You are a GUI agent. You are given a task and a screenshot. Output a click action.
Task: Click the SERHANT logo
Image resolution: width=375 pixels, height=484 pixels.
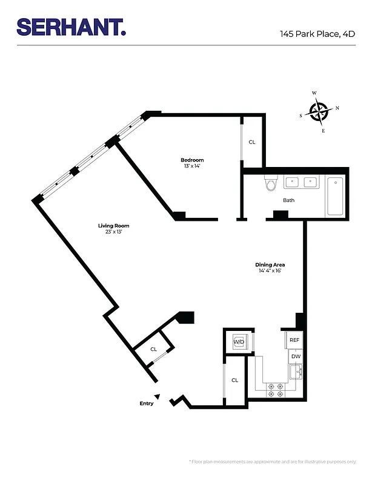[x=71, y=27]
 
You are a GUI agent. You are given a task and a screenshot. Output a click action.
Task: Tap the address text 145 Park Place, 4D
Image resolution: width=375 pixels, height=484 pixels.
[x=317, y=34]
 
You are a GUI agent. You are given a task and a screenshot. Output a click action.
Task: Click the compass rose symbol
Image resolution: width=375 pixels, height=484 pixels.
[x=319, y=111]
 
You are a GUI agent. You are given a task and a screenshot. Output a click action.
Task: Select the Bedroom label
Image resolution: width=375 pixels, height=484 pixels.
[x=192, y=160]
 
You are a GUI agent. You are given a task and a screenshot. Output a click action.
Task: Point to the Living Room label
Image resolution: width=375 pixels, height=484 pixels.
[x=114, y=226]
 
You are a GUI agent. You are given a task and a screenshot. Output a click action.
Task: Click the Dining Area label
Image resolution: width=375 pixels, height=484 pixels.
[x=270, y=265]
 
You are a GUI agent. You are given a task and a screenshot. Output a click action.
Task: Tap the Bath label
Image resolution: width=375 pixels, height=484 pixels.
[x=289, y=200]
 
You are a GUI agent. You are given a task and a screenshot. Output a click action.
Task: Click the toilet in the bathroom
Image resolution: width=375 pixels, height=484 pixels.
[x=270, y=183]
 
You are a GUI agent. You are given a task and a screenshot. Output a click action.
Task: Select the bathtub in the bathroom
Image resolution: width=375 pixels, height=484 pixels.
[x=335, y=196]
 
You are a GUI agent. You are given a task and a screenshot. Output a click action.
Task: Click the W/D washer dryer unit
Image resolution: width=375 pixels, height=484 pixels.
[x=239, y=342]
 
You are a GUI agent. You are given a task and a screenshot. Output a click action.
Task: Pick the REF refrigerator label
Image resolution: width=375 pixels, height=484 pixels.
[x=294, y=340]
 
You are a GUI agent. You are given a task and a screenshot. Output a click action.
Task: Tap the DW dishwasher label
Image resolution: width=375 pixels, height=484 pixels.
[x=296, y=356]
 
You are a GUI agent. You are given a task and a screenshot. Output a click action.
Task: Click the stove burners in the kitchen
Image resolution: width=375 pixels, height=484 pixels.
[x=276, y=390]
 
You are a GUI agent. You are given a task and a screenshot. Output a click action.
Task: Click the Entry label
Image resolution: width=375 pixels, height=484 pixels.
[x=146, y=404]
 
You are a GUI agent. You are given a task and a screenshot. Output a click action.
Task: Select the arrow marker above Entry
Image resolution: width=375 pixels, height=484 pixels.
[x=157, y=396]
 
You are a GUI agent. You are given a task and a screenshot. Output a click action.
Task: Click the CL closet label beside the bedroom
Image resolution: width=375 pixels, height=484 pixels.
[x=252, y=142]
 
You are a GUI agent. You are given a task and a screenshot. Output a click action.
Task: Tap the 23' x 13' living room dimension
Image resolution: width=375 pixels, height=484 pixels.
[x=114, y=232]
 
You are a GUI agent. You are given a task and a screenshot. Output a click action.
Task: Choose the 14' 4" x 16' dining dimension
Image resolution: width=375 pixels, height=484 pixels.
[x=270, y=271]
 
